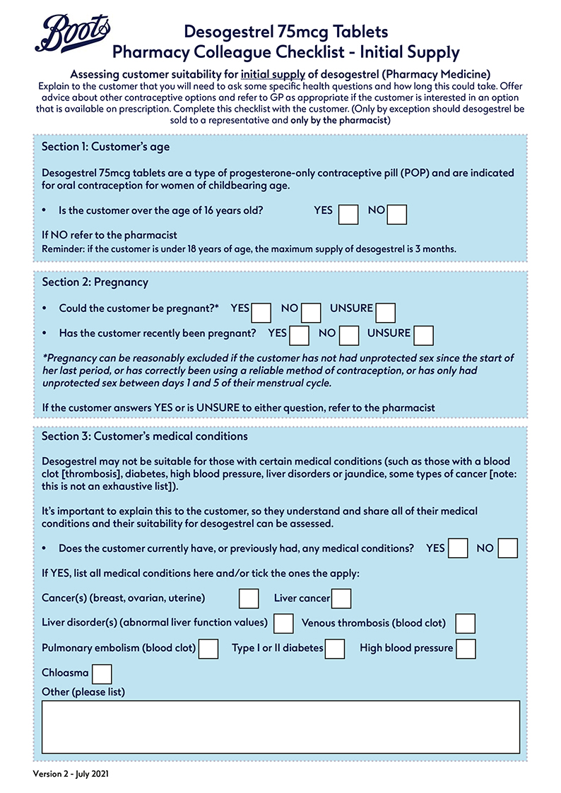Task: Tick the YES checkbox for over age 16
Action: click(348, 214)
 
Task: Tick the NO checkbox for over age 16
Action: click(396, 214)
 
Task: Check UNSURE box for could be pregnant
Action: click(386, 312)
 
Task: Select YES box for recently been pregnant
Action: click(300, 335)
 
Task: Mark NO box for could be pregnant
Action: click(311, 312)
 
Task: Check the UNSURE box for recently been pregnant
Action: click(423, 335)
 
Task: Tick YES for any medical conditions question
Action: click(459, 549)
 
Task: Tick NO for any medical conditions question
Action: click(507, 549)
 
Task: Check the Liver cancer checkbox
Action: click(341, 599)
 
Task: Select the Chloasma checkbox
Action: click(102, 674)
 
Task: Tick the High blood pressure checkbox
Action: click(466, 648)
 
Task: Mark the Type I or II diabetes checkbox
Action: click(335, 648)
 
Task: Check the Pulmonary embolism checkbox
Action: click(208, 648)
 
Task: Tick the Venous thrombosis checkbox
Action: click(465, 624)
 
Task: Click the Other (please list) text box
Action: click(280, 727)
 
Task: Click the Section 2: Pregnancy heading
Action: click(95, 282)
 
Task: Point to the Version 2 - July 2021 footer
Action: click(71, 774)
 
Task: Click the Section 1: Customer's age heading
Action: click(105, 147)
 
